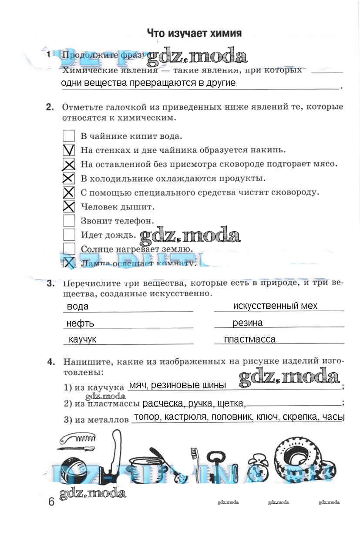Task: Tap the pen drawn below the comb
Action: (x=76, y=448)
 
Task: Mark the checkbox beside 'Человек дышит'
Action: (x=69, y=206)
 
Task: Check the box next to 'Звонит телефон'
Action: (x=69, y=221)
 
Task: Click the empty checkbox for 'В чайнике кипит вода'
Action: (x=69, y=136)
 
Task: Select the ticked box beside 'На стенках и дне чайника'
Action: (x=69, y=150)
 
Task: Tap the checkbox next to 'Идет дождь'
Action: (x=69, y=235)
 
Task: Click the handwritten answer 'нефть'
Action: (x=80, y=323)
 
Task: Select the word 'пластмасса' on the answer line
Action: (x=249, y=339)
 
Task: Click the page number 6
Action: (x=51, y=502)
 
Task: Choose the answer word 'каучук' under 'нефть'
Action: (x=82, y=339)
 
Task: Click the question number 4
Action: (x=51, y=361)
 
